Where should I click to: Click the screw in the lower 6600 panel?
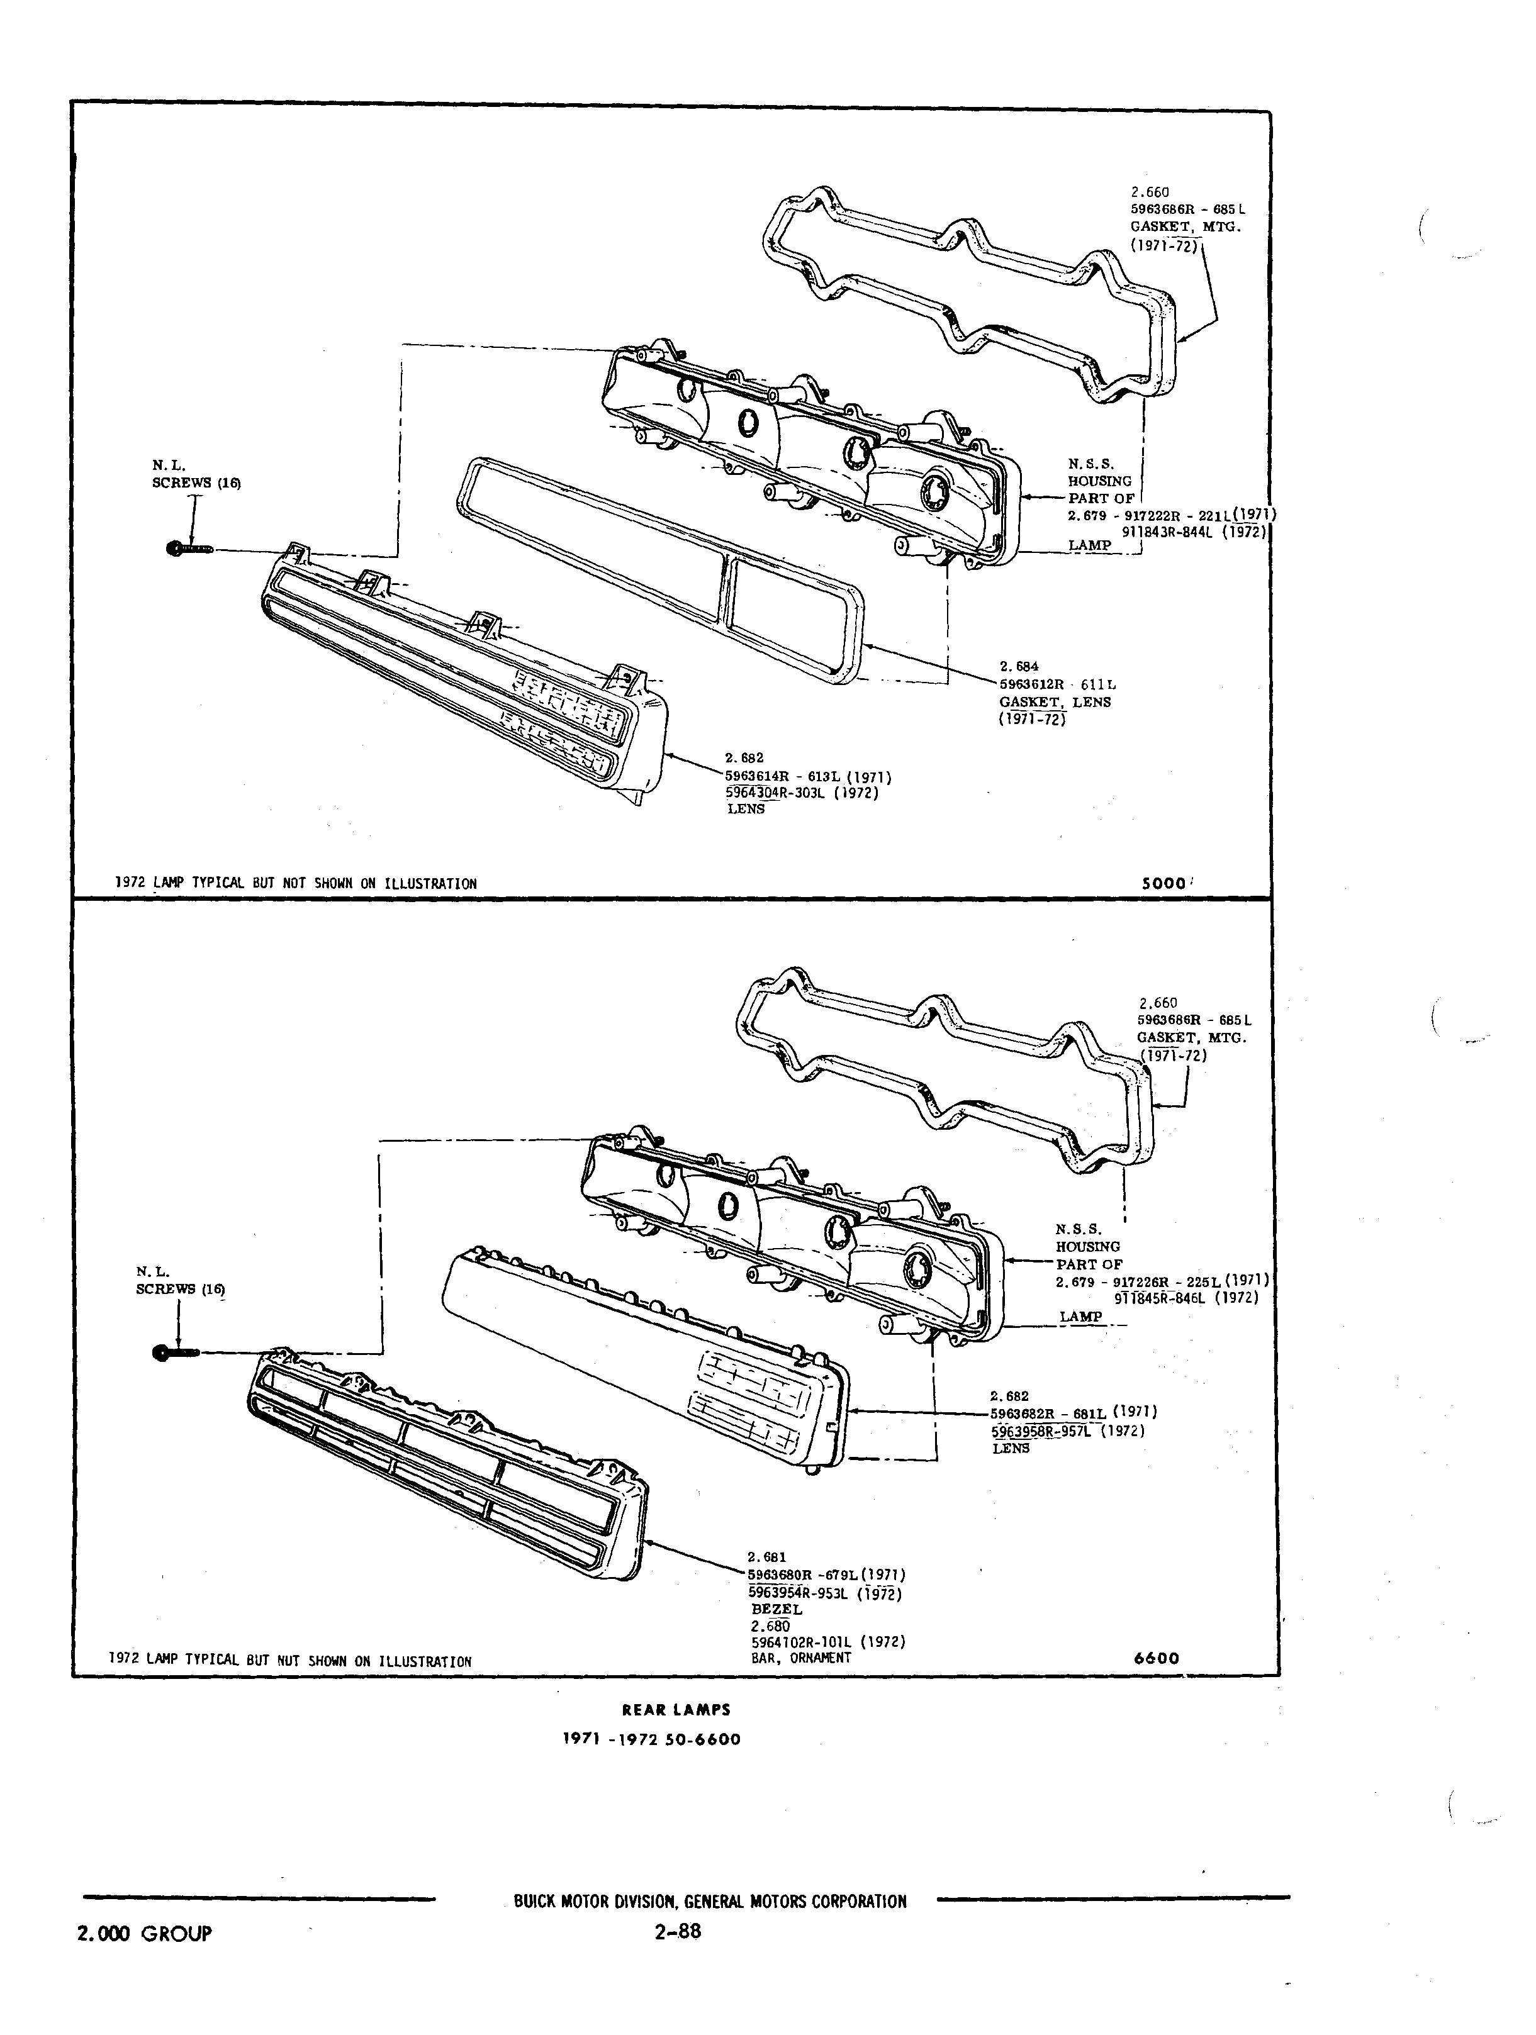(x=176, y=1351)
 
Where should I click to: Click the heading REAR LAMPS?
(x=676, y=1709)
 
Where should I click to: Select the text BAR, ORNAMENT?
(x=800, y=1658)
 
